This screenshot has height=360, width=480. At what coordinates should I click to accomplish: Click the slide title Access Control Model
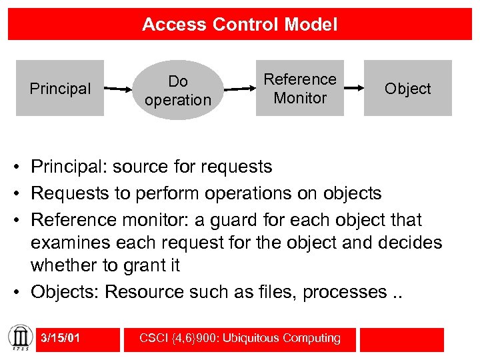[x=240, y=25]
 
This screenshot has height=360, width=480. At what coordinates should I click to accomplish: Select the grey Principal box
[x=60, y=88]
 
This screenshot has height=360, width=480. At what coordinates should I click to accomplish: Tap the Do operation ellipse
[x=177, y=91]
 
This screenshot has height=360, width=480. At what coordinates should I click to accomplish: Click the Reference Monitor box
[x=300, y=88]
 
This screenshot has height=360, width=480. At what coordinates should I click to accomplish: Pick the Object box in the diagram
[x=407, y=88]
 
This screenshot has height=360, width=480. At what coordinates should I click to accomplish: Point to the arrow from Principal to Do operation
[x=121, y=89]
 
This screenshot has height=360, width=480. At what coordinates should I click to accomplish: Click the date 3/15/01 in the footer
[x=60, y=339]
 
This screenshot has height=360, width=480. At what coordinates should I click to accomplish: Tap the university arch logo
[x=19, y=339]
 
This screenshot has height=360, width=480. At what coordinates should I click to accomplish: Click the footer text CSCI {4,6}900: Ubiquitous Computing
[x=239, y=339]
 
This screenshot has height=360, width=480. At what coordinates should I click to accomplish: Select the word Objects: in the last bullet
[x=65, y=291]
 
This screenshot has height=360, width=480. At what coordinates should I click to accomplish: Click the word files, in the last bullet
[x=277, y=291]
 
